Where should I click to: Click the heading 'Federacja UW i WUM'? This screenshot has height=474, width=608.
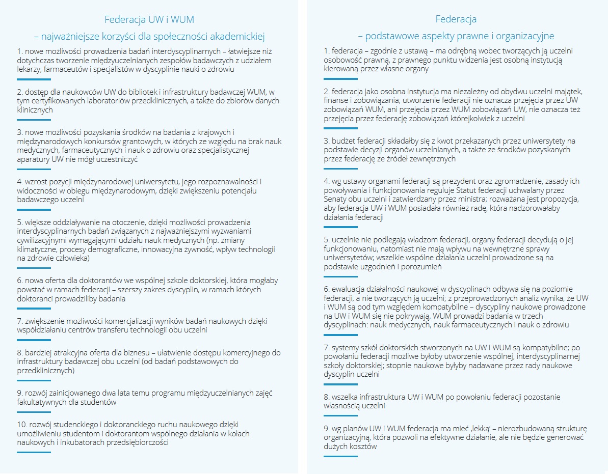coord(149,20)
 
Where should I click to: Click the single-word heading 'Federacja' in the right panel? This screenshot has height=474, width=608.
coord(456,20)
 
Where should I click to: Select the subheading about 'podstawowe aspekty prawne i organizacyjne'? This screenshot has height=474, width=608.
coord(456,36)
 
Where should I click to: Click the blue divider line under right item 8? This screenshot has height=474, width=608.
coord(341,415)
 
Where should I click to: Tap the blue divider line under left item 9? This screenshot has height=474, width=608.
coord(34,411)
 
